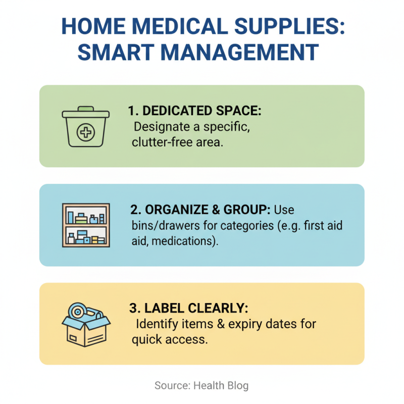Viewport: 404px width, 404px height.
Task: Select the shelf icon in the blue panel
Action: tap(85, 225)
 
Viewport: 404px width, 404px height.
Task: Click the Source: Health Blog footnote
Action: tap(201, 386)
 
